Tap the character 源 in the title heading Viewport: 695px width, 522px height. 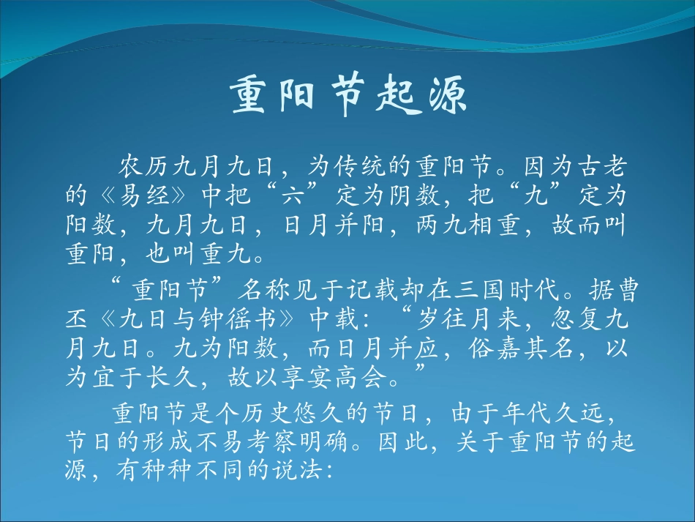443,97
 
